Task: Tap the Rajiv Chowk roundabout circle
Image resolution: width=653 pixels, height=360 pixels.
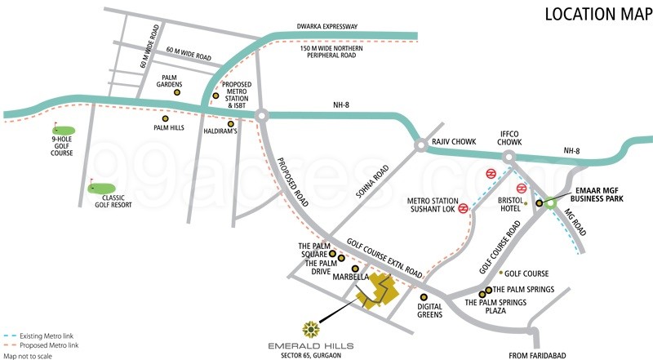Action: (x=420, y=146)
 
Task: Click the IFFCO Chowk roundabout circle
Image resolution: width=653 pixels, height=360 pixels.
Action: (x=509, y=155)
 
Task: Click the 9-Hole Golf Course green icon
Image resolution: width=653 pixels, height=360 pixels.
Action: (x=64, y=130)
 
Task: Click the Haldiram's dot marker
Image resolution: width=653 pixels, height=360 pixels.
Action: (x=231, y=123)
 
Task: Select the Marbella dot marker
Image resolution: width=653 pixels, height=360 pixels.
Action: (x=354, y=269)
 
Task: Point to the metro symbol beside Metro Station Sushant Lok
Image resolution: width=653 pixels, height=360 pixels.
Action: (x=463, y=207)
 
